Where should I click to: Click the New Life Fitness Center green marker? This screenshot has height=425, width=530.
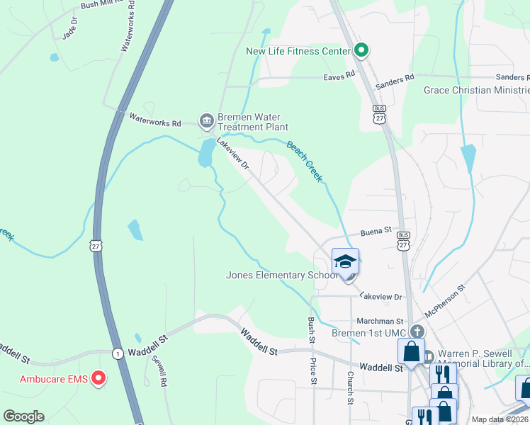coord(361,50)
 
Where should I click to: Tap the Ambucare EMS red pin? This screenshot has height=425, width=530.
coord(98,379)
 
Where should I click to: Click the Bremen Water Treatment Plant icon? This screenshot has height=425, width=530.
coord(207,118)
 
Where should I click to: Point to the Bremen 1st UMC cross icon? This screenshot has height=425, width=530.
coord(418,331)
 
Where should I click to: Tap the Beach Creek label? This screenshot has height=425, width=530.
coord(305,161)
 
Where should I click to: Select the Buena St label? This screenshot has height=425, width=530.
coord(376,231)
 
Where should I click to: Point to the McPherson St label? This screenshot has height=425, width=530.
coord(444,300)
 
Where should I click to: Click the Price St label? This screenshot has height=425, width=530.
coord(313,371)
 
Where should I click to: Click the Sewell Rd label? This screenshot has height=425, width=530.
coord(158,370)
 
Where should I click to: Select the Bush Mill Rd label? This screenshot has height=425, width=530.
coord(106,4)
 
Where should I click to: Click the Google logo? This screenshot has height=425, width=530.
coord(23,416)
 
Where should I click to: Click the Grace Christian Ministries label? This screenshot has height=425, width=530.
coord(476,90)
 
